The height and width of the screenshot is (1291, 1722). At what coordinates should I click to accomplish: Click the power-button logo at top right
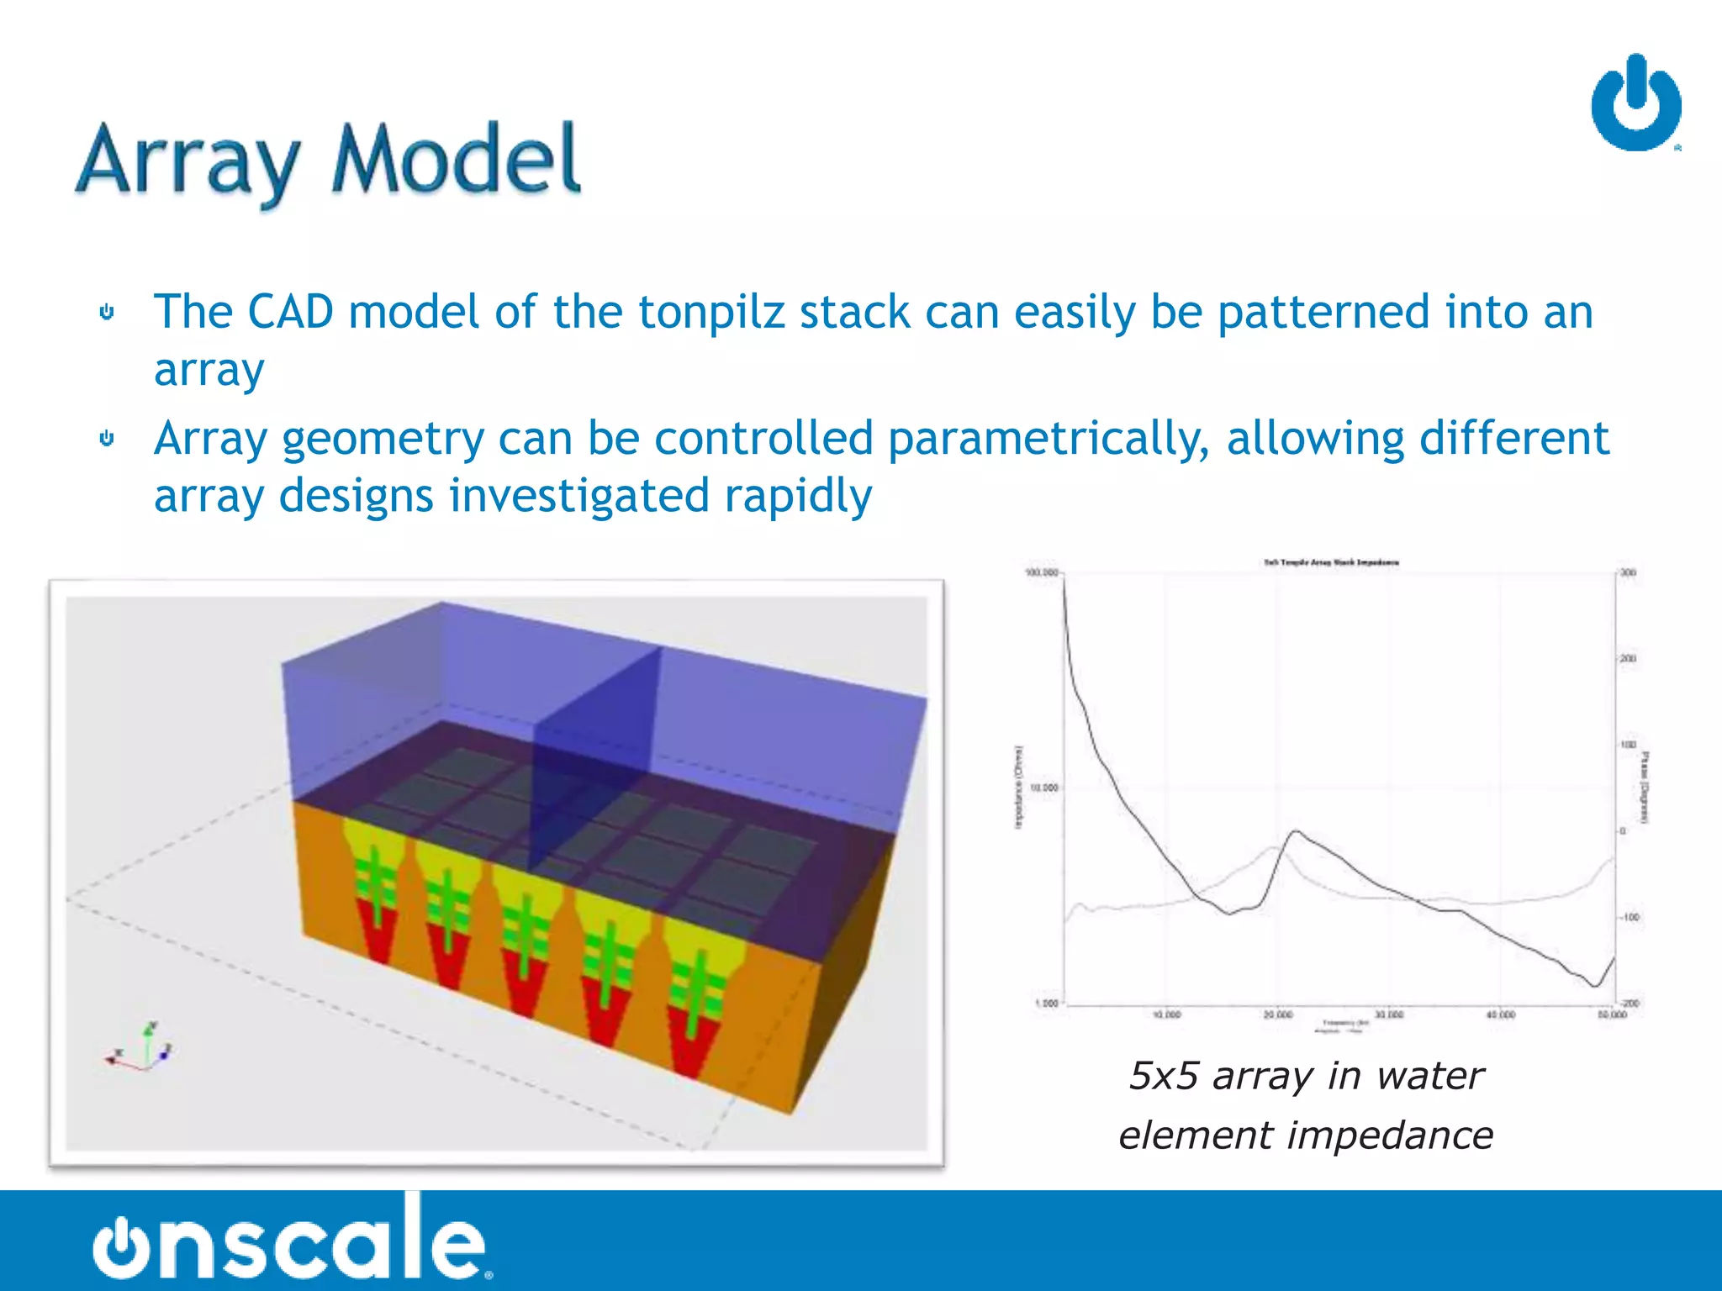click(x=1635, y=104)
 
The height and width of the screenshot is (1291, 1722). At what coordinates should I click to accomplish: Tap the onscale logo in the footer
click(x=290, y=1240)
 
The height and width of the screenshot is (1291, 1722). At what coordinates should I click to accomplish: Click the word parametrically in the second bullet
click(x=1049, y=439)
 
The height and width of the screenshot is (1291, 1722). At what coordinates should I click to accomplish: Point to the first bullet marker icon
click(x=107, y=313)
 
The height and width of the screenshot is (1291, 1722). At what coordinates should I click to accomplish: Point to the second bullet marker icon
click(x=107, y=439)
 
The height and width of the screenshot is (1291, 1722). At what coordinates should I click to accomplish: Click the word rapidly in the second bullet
click(x=797, y=496)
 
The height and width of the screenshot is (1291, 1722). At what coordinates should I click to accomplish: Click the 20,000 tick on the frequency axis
click(x=1277, y=1015)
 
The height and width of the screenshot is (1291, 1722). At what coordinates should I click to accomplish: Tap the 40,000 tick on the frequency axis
click(x=1500, y=1015)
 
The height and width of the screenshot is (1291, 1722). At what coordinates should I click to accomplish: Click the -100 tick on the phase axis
click(x=1630, y=918)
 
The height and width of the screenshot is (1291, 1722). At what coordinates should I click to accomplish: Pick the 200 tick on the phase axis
click(x=1628, y=659)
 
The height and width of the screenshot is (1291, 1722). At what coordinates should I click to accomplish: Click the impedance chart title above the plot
click(x=1331, y=562)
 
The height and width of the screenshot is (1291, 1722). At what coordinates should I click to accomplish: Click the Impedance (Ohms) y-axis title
click(x=1018, y=788)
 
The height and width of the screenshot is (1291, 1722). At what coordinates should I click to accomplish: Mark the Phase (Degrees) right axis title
click(x=1645, y=788)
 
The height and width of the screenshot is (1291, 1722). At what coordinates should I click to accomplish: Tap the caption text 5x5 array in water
click(x=1306, y=1077)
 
